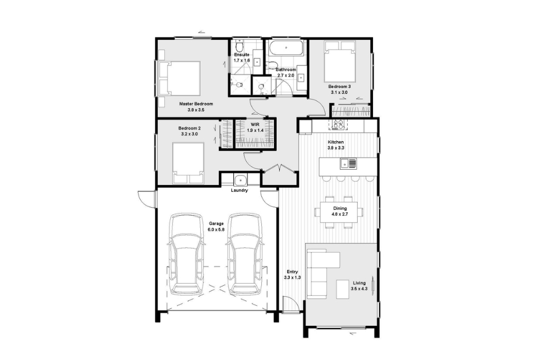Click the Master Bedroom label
pyautogui.click(x=196, y=104)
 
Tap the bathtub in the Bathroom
pyautogui.click(x=286, y=48)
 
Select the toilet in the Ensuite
pyautogui.click(x=240, y=46)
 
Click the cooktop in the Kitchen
pyautogui.click(x=338, y=124)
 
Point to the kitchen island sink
pyautogui.click(x=348, y=164)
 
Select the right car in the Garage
pyautogui.click(x=245, y=254)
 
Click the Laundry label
pyautogui.click(x=239, y=190)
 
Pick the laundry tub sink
pyautogui.click(x=240, y=180)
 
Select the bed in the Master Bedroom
pyautogui.click(x=179, y=79)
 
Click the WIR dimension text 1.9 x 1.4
pyautogui.click(x=255, y=130)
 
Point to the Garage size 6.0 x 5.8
pyautogui.click(x=216, y=229)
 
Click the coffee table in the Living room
pyautogui.click(x=343, y=289)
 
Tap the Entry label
pyautogui.click(x=292, y=272)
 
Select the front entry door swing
pyautogui.click(x=290, y=304)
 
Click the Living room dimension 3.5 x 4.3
pyautogui.click(x=359, y=289)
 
